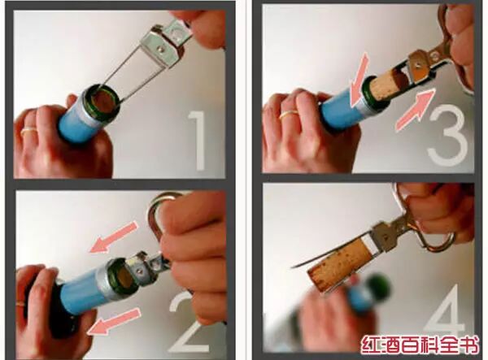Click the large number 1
[197, 141]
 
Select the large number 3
[449, 135]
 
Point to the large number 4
[446, 314]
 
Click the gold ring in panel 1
[29, 130]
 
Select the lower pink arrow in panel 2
[114, 322]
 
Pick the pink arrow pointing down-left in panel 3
[358, 80]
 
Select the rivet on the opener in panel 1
[160, 49]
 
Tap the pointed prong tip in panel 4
[293, 267]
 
